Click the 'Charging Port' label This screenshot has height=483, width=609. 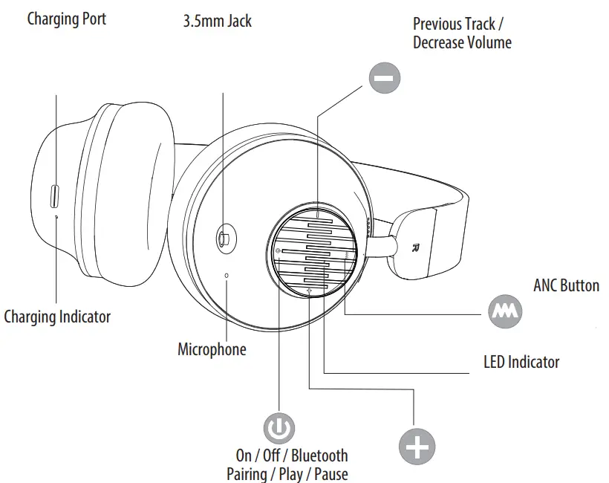(x=66, y=19)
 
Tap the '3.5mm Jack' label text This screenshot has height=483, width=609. (x=217, y=21)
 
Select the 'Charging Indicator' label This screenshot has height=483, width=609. (x=57, y=317)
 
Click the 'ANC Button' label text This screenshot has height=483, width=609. (x=566, y=285)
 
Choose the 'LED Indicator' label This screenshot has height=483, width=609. (x=521, y=362)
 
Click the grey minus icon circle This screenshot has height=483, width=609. (x=385, y=77)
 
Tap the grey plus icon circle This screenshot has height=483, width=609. (x=417, y=447)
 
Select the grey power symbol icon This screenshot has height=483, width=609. (x=279, y=428)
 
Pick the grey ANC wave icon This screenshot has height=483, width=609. (x=505, y=313)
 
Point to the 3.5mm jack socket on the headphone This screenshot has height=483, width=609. (x=224, y=239)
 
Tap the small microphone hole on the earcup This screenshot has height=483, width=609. (x=227, y=275)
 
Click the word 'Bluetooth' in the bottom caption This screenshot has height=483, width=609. (x=319, y=456)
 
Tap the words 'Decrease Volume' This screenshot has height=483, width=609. (x=462, y=42)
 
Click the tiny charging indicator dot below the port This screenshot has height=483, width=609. (x=58, y=216)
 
